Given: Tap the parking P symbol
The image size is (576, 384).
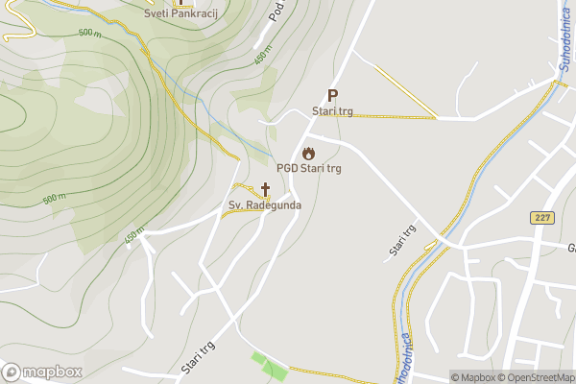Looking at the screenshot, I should click(333, 95).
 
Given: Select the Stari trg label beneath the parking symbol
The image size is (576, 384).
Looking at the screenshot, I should click(333, 112).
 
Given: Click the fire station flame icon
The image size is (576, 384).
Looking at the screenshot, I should click(309, 153).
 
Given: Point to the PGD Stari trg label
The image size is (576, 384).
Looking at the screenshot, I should click(309, 169).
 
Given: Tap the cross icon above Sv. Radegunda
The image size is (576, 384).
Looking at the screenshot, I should click(265, 189).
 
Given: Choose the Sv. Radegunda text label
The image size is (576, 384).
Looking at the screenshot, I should click(265, 205).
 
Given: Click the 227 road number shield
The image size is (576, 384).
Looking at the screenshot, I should click(541, 218).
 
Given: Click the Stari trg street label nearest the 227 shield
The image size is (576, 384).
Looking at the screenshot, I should click(402, 240).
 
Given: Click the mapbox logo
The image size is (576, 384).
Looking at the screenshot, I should click(43, 372).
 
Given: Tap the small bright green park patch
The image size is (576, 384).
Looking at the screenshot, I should click(268, 366).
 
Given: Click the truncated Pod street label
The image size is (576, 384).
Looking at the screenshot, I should click(278, 11).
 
